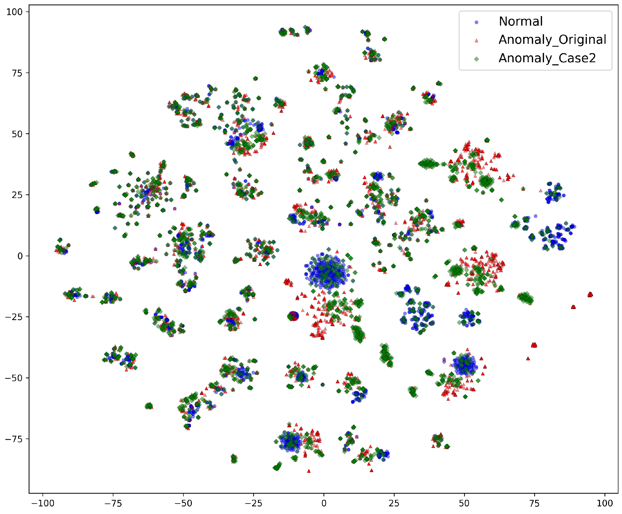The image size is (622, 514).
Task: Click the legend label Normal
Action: point(520,21)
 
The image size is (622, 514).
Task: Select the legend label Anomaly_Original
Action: point(552,40)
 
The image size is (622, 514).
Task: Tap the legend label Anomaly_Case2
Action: point(547,58)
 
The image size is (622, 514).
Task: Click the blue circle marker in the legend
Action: point(476,22)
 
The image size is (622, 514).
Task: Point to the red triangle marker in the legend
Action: point(476,40)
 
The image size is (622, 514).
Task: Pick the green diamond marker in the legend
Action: point(476,59)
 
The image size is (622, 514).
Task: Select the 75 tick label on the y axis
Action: point(17,73)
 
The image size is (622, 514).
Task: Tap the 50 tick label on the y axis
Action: point(17,134)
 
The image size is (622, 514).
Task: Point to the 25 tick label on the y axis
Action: point(17,195)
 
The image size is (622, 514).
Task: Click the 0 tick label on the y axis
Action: point(20,256)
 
